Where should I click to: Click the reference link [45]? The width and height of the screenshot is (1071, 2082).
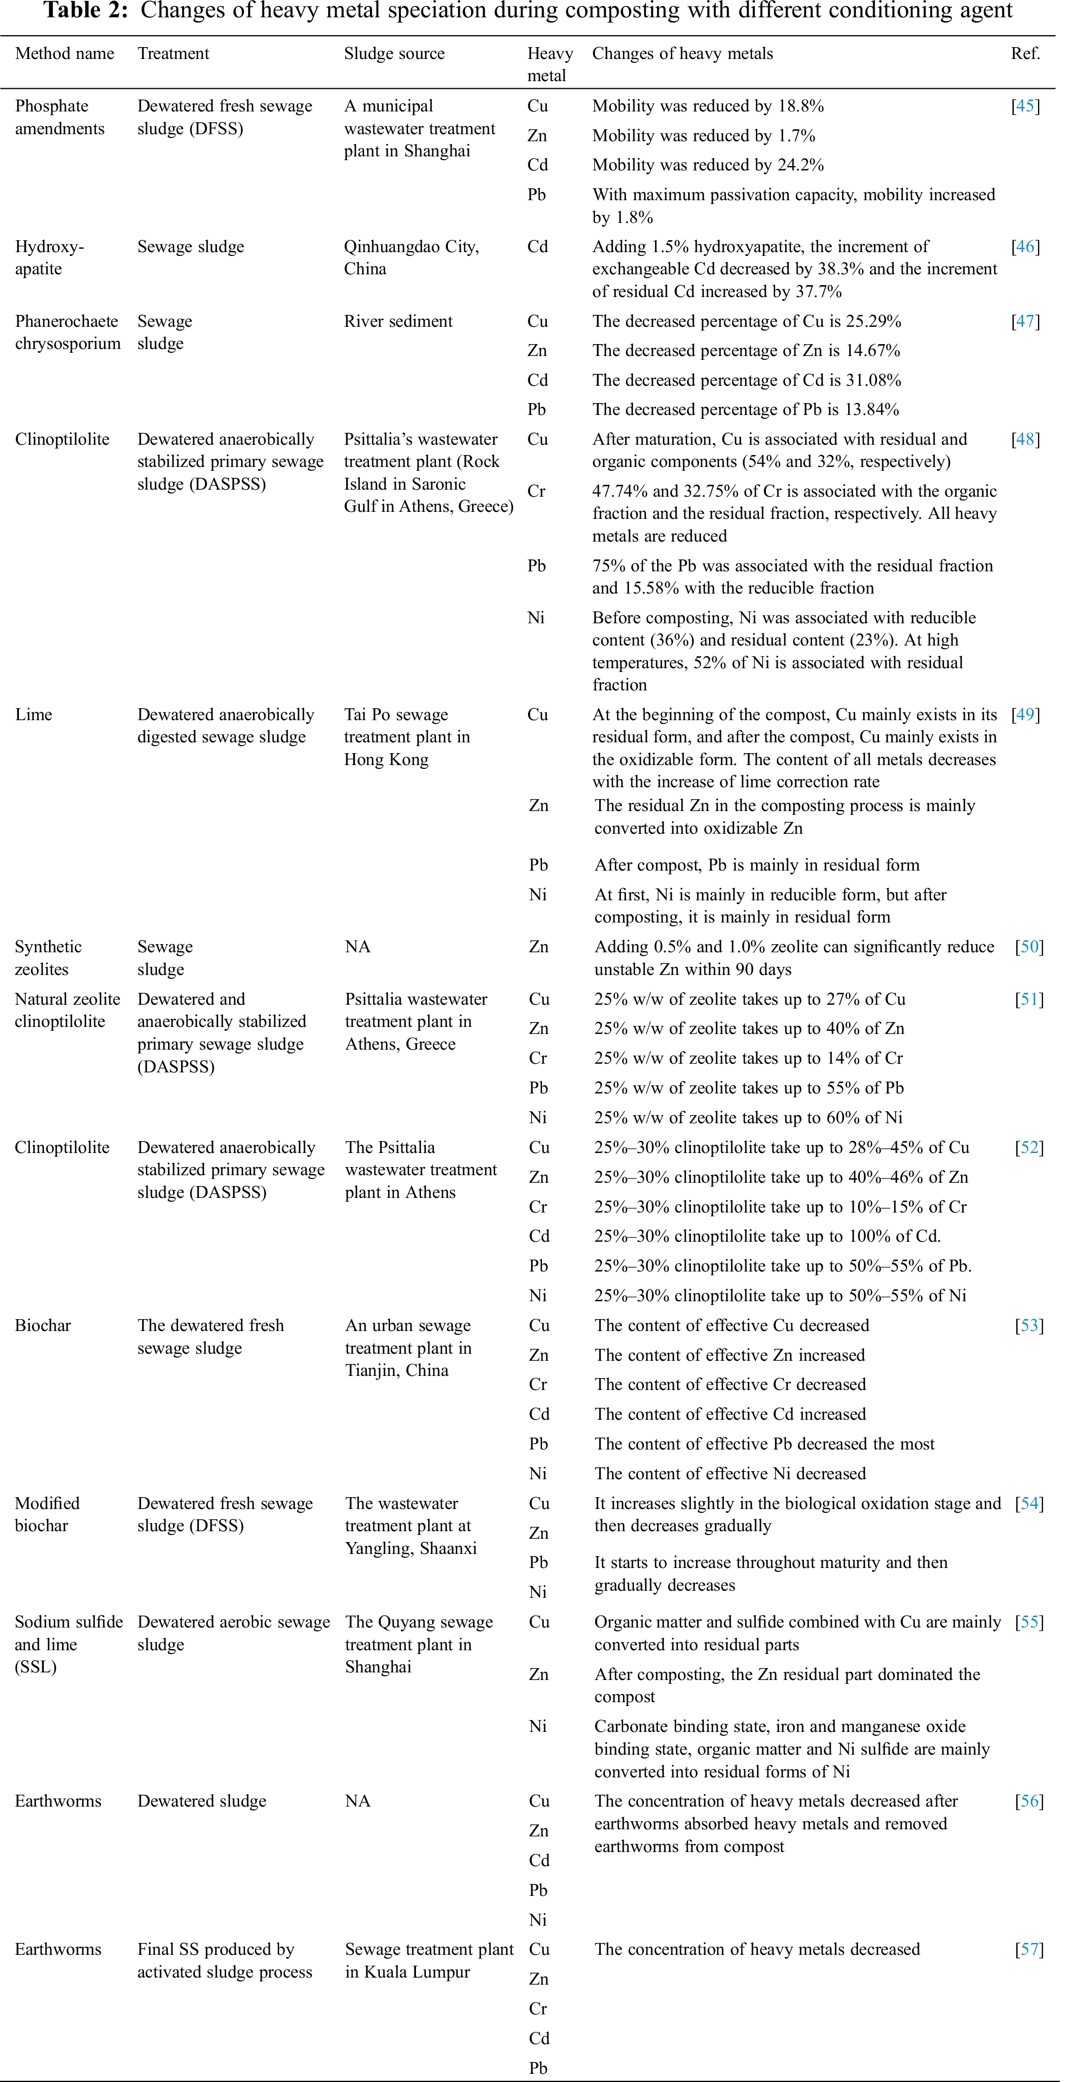coord(1025,106)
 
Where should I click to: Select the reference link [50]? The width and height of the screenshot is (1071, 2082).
coord(1029,946)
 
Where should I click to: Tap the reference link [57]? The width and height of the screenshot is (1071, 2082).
coord(1029,1949)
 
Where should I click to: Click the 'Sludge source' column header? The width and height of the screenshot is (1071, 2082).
coord(394,54)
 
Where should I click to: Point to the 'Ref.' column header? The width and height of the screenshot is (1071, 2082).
coord(1025,54)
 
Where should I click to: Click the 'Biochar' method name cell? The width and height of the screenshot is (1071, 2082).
coord(43,1325)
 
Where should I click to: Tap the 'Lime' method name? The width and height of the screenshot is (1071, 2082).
coord(33,715)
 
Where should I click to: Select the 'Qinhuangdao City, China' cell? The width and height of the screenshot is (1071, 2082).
coord(412,257)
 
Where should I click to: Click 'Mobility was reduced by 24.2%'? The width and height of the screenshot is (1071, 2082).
coord(708,165)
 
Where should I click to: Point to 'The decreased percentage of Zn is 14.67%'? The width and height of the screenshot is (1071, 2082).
coord(745,350)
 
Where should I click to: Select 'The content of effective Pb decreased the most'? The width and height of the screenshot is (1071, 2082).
coord(764,1444)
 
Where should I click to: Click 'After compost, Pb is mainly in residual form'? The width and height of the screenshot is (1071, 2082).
coord(757,865)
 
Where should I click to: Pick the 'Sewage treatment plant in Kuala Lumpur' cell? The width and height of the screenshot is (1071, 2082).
coord(428,1960)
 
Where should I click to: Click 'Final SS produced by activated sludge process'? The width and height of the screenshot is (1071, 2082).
coord(224,1960)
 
